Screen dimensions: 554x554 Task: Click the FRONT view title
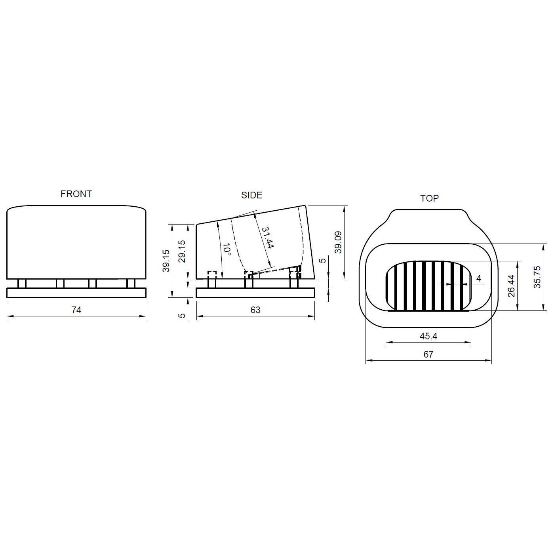click(76, 194)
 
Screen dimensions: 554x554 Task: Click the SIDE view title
click(252, 196)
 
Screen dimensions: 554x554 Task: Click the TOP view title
click(430, 198)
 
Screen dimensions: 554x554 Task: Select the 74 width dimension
click(76, 310)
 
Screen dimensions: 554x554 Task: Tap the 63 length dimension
click(255, 310)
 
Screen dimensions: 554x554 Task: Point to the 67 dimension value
click(428, 354)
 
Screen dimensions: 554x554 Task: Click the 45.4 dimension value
click(428, 336)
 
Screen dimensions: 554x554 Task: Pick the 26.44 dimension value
click(512, 286)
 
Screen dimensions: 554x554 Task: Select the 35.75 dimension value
click(537, 277)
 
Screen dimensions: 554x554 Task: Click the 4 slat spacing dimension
click(479, 278)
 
